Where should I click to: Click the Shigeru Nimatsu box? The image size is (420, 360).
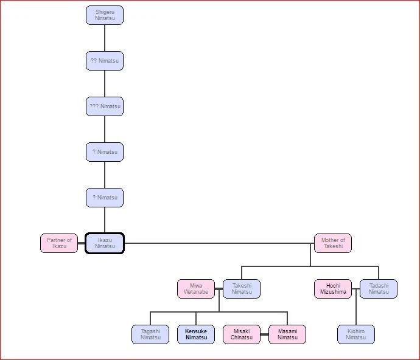[105, 15]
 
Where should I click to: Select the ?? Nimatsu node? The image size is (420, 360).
[105, 61]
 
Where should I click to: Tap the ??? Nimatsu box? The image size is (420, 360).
[105, 106]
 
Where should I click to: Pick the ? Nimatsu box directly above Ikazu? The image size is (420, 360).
[105, 198]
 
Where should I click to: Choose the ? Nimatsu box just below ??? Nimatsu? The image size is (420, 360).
[105, 152]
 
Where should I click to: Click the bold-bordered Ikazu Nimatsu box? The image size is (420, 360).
[105, 243]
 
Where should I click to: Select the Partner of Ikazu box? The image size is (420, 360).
[59, 243]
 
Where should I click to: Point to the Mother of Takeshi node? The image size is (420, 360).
[333, 243]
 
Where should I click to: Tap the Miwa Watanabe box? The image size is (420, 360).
[196, 289]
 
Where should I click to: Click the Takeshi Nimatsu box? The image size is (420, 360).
[242, 289]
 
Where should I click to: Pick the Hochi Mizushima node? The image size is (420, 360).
[333, 289]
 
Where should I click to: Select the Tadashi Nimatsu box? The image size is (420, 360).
[379, 289]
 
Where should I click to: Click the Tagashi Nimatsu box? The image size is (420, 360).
[150, 334]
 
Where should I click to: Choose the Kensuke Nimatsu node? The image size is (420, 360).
[196, 334]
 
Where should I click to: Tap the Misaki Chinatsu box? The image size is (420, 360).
[242, 334]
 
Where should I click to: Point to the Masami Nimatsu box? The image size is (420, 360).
[287, 334]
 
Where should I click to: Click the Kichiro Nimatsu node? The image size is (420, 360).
[356, 334]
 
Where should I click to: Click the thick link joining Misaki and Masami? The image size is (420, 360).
[265, 334]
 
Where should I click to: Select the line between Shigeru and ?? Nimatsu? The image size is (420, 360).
[105, 38]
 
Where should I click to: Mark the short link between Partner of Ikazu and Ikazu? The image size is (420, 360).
[82, 243]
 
